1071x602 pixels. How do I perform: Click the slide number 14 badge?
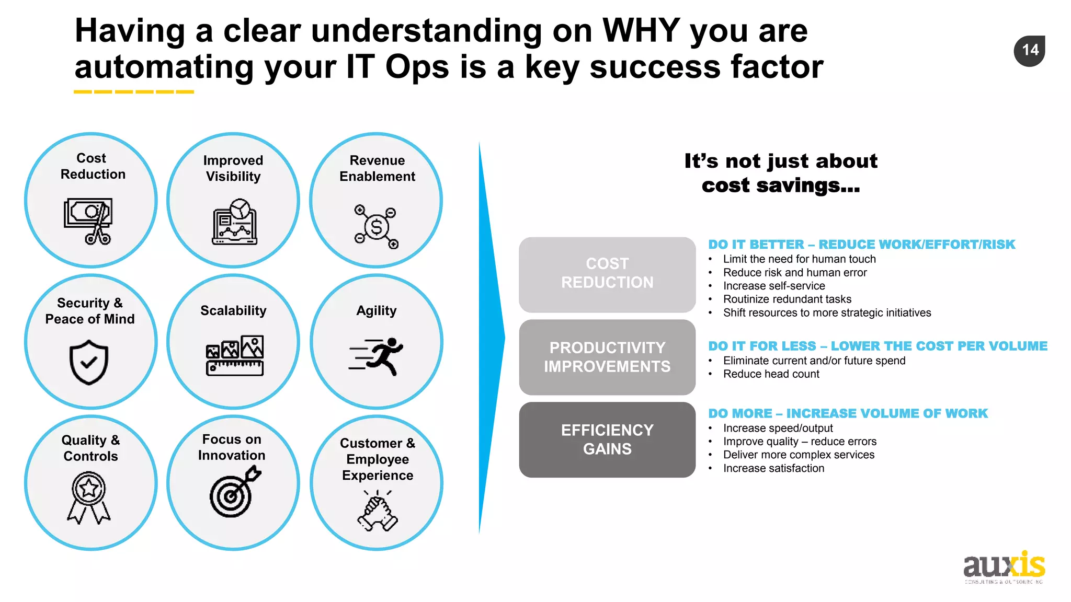click(x=1029, y=51)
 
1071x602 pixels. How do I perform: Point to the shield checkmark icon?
click(x=89, y=362)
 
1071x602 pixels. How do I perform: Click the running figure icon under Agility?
click(x=377, y=356)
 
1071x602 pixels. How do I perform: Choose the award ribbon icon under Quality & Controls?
click(x=89, y=497)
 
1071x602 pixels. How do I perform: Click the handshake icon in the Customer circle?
click(x=378, y=511)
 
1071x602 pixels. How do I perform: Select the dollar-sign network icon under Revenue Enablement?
click(x=377, y=227)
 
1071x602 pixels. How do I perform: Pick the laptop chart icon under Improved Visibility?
click(x=235, y=222)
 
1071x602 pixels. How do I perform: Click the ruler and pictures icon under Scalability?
click(x=235, y=355)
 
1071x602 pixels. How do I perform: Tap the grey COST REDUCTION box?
click(x=607, y=274)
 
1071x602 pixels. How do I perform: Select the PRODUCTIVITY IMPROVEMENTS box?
click(x=607, y=357)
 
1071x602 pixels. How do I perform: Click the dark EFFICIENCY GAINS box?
click(x=607, y=439)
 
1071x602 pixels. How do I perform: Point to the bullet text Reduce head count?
click(x=771, y=374)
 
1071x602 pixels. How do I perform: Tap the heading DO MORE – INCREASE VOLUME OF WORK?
click(x=848, y=413)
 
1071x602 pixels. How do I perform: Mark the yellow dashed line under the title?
click(x=134, y=92)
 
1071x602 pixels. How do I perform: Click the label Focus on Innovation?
click(x=232, y=447)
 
